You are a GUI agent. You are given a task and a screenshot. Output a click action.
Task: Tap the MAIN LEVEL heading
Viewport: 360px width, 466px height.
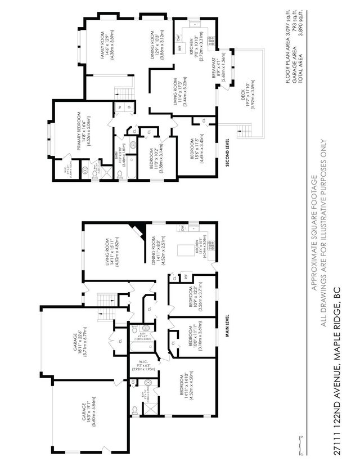coord(227,326)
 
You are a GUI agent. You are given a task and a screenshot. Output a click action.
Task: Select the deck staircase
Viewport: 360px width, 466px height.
coord(246,131)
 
